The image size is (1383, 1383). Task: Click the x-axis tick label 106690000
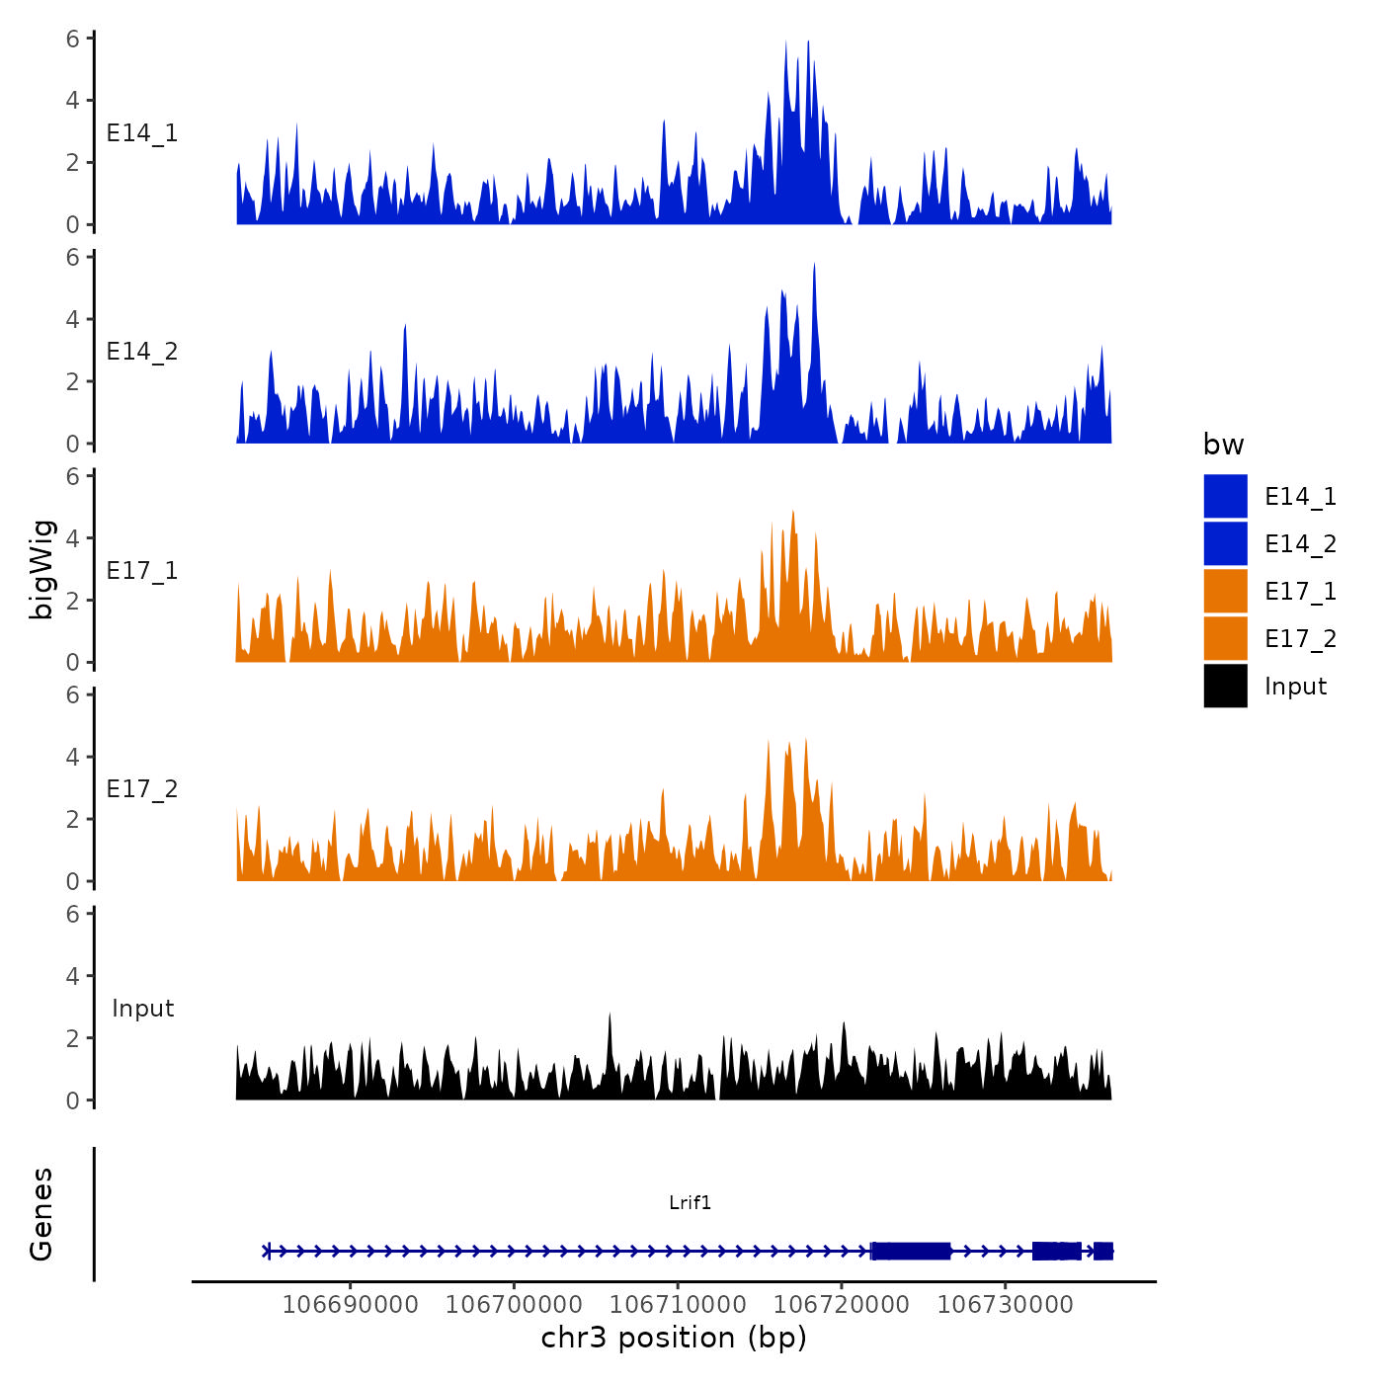350,1304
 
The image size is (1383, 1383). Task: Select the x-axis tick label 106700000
514,1304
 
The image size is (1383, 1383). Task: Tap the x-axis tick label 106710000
678,1304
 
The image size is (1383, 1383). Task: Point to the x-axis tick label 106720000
842,1304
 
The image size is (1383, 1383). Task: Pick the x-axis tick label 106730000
1006,1304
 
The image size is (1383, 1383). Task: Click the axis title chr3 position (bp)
674,1338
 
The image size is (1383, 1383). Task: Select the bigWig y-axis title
42,569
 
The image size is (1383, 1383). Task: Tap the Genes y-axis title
41,1214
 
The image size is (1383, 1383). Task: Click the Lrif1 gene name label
690,1202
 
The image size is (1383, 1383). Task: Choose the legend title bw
1223,445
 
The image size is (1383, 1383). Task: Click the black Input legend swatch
1225,686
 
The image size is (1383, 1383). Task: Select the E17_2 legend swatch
1225,638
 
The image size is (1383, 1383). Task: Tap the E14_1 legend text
1300,497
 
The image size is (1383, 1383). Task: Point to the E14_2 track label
142,352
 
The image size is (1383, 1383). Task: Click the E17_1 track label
142,571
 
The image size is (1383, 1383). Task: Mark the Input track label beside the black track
142,1009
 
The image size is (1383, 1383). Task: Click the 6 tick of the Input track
73,914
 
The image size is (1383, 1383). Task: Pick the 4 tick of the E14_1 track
73,100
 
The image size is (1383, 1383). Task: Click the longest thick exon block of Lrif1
911,1251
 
